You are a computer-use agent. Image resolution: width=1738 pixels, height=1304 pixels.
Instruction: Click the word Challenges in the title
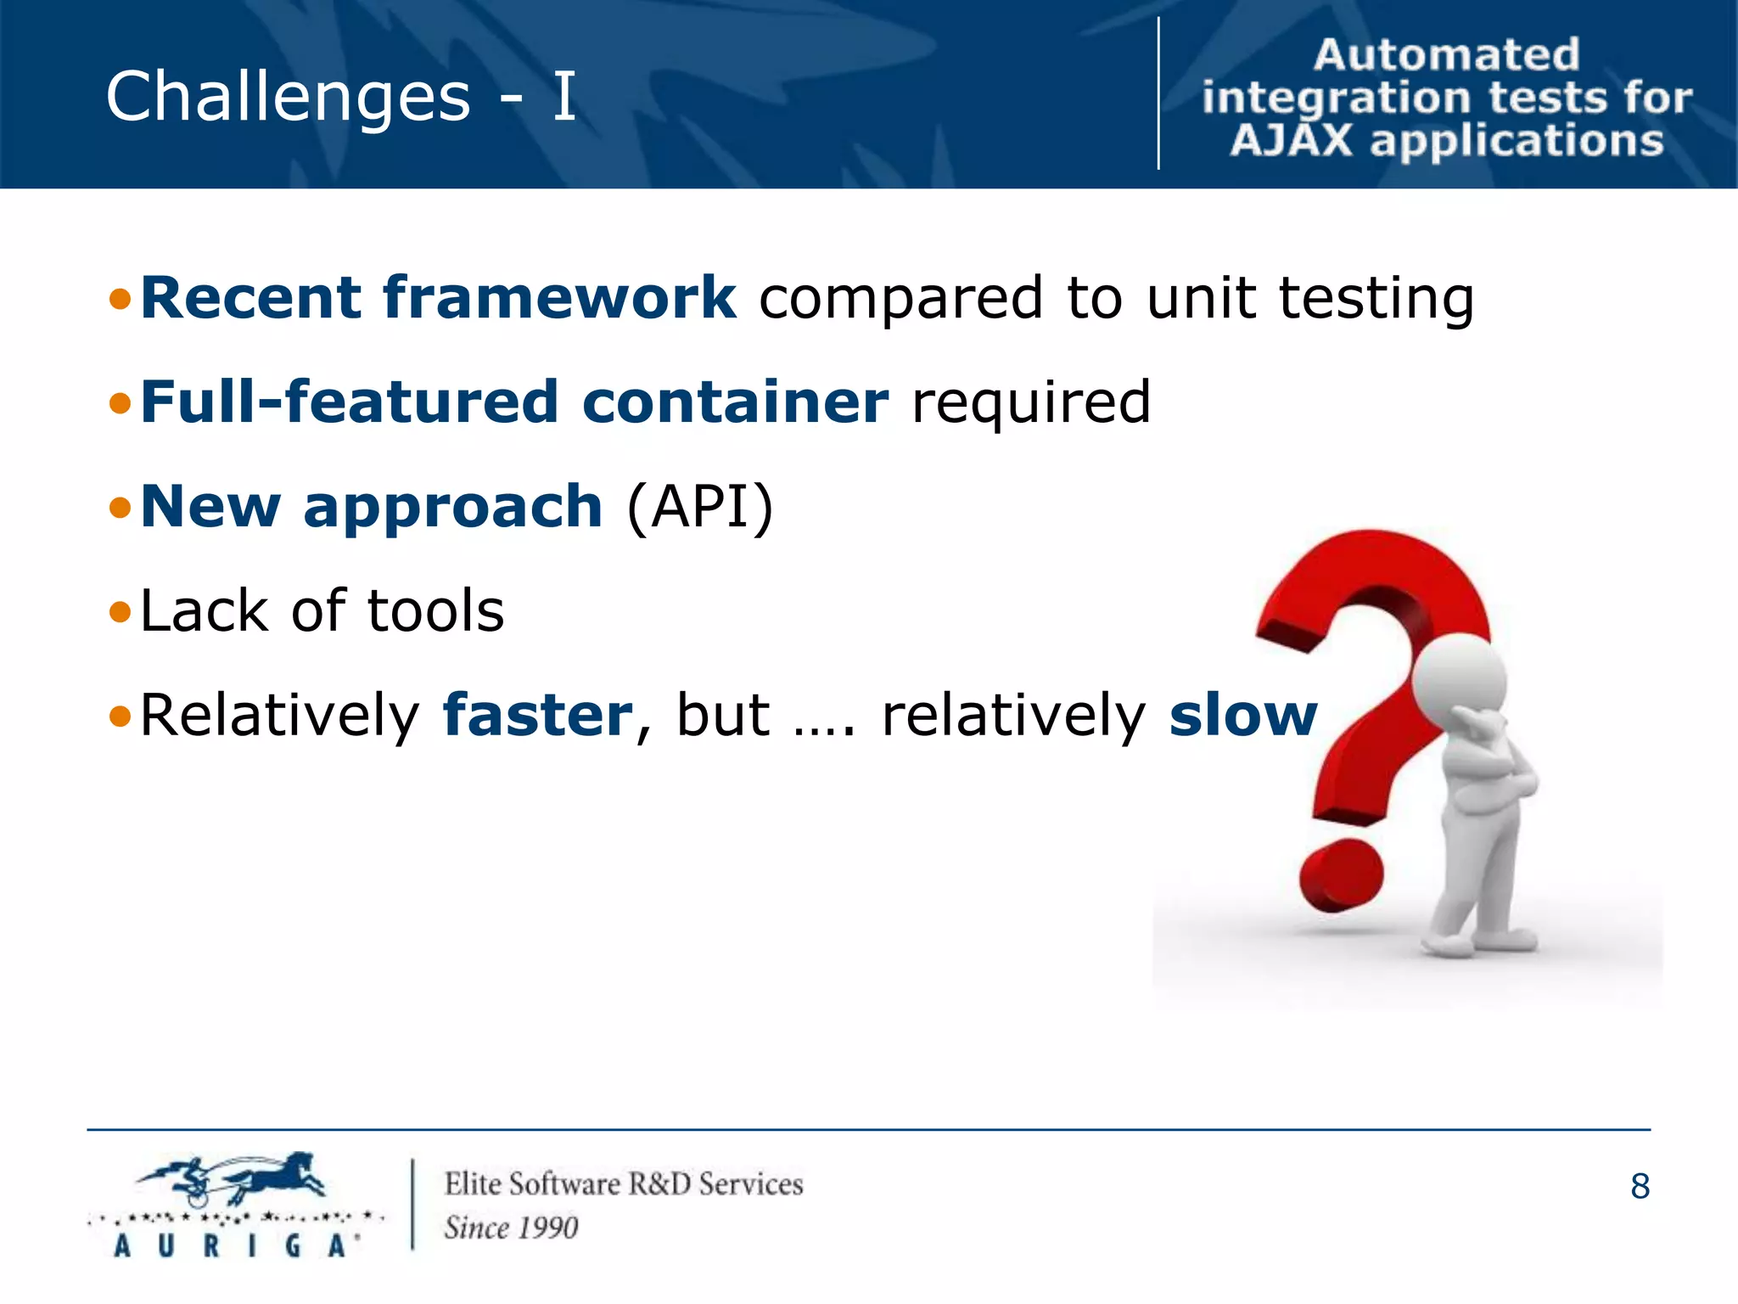tap(288, 97)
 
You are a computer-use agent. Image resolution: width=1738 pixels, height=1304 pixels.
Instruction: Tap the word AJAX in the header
tap(1291, 140)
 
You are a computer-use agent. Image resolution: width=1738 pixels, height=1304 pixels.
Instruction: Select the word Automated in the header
tap(1446, 55)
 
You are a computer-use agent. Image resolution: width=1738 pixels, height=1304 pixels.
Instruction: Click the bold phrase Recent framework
tap(438, 298)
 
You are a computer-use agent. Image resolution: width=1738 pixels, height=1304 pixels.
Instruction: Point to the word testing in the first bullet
tap(1376, 299)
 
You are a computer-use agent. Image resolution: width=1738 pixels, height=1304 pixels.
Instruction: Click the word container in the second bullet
tap(735, 402)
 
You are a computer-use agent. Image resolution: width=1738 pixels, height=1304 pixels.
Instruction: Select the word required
tap(1030, 402)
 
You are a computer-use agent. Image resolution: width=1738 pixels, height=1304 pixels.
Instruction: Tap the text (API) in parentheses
tap(700, 507)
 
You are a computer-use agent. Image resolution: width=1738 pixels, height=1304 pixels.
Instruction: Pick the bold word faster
tap(537, 715)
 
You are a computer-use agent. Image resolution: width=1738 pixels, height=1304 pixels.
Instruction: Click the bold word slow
tap(1242, 715)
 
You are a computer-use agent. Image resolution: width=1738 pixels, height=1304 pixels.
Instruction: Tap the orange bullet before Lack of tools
tap(121, 612)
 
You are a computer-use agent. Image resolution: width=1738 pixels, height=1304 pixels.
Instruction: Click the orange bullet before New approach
tap(121, 508)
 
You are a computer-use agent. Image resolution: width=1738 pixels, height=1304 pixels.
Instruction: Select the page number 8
tap(1640, 1186)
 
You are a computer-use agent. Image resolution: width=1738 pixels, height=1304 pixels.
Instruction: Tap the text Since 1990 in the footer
tap(511, 1228)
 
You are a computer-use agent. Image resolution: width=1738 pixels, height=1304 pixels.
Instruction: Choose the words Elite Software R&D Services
tap(624, 1183)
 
